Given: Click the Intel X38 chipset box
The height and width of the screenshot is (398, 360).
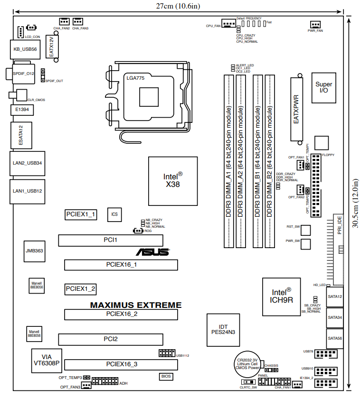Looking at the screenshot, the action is [173, 181].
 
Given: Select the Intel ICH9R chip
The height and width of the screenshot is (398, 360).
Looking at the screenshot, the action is [281, 297].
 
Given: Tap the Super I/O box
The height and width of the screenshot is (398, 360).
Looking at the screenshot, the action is [324, 88].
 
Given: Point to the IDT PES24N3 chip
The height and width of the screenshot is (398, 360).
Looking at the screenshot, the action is [223, 330].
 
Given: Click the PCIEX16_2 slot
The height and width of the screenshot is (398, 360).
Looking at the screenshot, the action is [121, 315].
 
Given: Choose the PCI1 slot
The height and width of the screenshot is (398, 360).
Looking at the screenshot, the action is [111, 241].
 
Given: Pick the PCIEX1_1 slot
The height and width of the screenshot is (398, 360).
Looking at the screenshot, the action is [81, 215].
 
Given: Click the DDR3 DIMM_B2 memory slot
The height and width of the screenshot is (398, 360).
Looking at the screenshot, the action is [270, 161].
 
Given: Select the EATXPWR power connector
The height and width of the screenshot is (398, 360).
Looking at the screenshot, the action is [296, 110].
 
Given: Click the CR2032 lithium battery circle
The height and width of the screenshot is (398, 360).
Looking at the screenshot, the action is [247, 364].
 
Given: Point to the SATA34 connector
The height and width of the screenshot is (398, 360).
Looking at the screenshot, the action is [335, 317].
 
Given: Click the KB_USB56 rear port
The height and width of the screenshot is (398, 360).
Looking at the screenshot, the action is [25, 49].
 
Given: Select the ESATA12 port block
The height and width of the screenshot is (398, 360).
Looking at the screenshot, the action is [21, 135].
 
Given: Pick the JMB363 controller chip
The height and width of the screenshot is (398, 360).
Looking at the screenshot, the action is [34, 251].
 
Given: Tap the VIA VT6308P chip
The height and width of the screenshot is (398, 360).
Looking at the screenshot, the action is [47, 361].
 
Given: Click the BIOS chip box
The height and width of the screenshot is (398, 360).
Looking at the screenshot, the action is [166, 377].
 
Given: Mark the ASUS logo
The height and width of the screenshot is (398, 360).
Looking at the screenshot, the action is [152, 252].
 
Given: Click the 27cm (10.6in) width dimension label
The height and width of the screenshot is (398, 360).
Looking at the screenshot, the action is [178, 6].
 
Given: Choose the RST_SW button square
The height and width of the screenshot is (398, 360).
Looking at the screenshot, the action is [305, 230].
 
